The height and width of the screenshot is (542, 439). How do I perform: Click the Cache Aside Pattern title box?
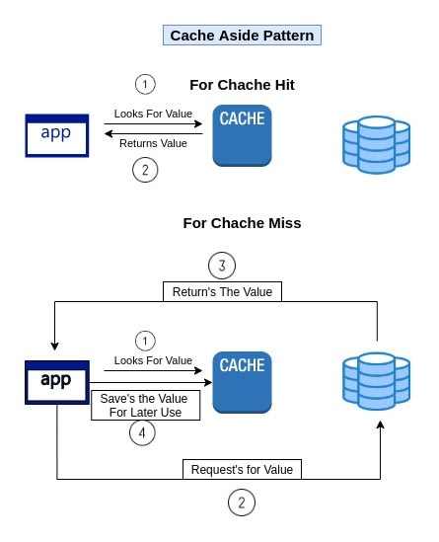(x=242, y=36)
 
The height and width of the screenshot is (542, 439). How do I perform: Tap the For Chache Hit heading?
(x=242, y=85)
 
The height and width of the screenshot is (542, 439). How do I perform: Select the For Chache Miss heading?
(x=242, y=223)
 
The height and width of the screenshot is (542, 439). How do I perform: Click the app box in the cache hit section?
(x=57, y=135)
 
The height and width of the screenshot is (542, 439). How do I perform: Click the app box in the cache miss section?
(x=57, y=382)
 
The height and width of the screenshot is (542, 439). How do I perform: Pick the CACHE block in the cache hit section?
(x=242, y=135)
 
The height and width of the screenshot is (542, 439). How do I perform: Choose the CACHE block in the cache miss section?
(x=242, y=382)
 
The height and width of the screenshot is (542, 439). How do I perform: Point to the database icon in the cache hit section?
(x=377, y=145)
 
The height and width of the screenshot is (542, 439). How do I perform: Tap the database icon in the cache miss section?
(x=377, y=381)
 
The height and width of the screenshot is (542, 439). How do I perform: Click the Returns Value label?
(x=153, y=143)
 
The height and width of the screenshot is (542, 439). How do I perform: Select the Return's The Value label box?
(x=222, y=292)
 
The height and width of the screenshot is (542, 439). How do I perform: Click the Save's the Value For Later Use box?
(x=145, y=406)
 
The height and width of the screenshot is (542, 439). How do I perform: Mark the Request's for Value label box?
(x=242, y=469)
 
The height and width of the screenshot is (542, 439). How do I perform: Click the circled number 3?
(x=222, y=266)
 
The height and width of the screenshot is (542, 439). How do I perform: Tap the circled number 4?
(x=142, y=432)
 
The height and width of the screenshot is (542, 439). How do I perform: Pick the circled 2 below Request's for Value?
(x=242, y=503)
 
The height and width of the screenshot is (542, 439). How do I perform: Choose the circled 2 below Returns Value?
(x=145, y=170)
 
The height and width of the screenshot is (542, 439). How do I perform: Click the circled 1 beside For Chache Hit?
(x=145, y=84)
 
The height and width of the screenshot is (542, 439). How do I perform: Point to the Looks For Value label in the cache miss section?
(x=153, y=360)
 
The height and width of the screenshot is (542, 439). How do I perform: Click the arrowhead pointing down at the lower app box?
(x=54, y=347)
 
